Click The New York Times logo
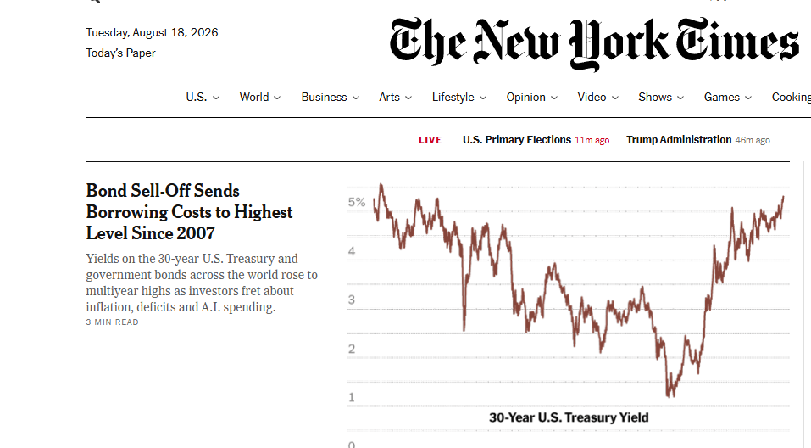click(594, 43)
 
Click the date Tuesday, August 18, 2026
click(152, 32)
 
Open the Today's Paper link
click(120, 53)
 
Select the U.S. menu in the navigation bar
click(203, 98)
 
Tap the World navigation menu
click(259, 98)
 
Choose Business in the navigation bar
click(330, 98)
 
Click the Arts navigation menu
click(395, 98)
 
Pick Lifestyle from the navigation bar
click(458, 98)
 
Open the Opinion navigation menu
click(531, 98)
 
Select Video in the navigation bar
click(598, 98)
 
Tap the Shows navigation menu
click(661, 98)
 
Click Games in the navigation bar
click(728, 98)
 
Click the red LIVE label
click(430, 140)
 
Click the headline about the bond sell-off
click(189, 212)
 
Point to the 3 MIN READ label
click(112, 322)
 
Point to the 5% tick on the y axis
click(357, 202)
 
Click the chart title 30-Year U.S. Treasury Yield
click(569, 417)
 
